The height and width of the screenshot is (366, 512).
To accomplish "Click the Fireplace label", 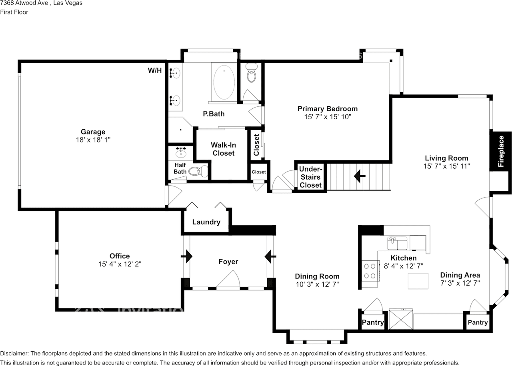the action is (x=500, y=151).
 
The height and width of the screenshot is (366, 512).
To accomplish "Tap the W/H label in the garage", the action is (x=155, y=70).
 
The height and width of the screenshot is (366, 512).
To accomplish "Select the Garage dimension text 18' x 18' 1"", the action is (x=93, y=140).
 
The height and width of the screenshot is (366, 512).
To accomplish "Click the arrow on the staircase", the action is (x=360, y=176).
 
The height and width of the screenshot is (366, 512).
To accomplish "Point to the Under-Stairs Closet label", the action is (x=311, y=177).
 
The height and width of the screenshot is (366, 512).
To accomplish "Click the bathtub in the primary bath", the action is (x=224, y=82).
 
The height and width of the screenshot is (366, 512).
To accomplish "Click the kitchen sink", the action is (x=397, y=243).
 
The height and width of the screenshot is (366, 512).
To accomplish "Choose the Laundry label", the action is (x=206, y=222).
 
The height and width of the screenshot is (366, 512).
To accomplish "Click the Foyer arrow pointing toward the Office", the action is (x=186, y=256).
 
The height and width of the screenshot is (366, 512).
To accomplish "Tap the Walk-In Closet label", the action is (x=223, y=149).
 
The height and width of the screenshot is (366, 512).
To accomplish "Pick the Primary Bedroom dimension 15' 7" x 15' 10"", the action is (x=328, y=117).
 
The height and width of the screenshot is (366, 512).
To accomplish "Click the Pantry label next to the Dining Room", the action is (x=373, y=322).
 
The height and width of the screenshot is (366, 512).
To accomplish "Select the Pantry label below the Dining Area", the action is (x=478, y=322).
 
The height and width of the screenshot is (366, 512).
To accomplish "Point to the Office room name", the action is (x=120, y=256).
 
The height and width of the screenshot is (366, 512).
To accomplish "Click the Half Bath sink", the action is (x=181, y=152).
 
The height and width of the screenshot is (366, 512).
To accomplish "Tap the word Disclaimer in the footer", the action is (x=14, y=354).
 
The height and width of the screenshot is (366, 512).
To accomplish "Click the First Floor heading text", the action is (x=14, y=12).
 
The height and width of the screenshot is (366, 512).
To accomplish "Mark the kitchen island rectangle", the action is (x=418, y=281).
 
